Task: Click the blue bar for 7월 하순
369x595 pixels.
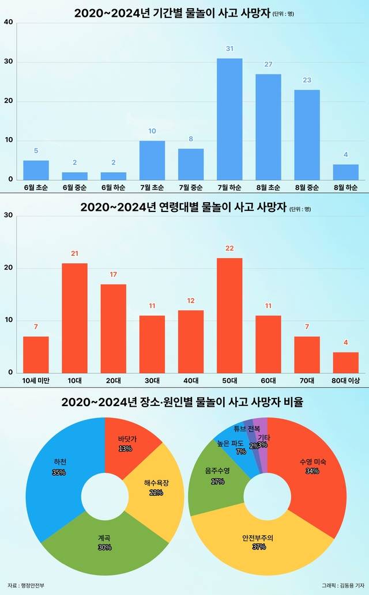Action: [229, 119]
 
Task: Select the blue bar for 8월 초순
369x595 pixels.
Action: [268, 127]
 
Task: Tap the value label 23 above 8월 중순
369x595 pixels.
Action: [307, 80]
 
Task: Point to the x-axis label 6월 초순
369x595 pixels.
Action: [36, 188]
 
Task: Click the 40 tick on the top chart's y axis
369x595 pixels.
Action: [8, 22]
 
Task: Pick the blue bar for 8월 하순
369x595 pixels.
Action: [345, 172]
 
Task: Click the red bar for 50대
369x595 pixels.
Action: [229, 315]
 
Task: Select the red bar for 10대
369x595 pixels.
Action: [74, 317]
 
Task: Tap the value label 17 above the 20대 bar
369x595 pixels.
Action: [113, 274]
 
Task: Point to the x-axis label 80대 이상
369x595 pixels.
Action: [345, 380]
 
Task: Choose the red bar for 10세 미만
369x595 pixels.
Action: [36, 354]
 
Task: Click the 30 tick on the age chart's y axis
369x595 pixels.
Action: [8, 215]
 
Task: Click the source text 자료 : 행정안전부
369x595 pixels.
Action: [26, 585]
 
